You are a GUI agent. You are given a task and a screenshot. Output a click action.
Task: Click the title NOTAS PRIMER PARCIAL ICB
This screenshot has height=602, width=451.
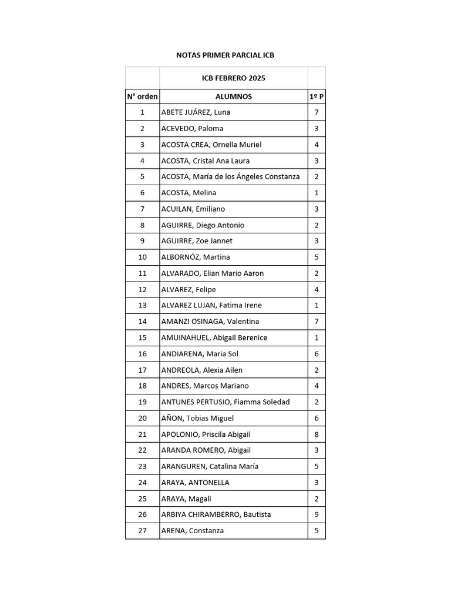(225, 55)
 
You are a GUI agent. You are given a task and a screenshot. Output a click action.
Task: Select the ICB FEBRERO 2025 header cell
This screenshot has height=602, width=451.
(234, 78)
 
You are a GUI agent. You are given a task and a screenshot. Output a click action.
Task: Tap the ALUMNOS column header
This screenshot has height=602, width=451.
(234, 96)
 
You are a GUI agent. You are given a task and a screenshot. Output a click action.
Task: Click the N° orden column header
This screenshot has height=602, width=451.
(142, 96)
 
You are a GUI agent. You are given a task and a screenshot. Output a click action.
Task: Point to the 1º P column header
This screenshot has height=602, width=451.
(317, 96)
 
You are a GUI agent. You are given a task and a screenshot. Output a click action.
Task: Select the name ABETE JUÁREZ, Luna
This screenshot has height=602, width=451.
(196, 112)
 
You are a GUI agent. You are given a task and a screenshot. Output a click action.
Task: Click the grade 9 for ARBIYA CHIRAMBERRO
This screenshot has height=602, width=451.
(317, 514)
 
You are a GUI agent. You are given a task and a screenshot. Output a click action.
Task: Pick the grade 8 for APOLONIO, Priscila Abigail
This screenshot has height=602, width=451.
(317, 434)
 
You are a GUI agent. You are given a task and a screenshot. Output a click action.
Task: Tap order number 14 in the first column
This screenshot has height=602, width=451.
(142, 322)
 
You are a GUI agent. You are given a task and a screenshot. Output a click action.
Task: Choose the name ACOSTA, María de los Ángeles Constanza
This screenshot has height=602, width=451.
(230, 176)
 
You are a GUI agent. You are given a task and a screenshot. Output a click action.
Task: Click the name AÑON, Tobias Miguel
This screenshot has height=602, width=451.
(197, 418)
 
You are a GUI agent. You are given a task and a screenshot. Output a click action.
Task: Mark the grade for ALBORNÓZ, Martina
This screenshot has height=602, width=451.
(317, 257)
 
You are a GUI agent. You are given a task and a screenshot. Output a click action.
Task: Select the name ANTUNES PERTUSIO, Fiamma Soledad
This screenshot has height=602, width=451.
(225, 402)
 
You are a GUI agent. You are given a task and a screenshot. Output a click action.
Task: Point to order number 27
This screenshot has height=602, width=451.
(142, 531)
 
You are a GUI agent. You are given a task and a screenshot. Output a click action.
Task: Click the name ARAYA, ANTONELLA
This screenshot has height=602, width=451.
(196, 483)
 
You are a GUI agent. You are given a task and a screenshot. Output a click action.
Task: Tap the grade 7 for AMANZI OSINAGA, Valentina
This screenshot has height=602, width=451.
(317, 322)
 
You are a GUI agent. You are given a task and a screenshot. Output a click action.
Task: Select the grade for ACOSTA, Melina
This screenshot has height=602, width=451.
(317, 193)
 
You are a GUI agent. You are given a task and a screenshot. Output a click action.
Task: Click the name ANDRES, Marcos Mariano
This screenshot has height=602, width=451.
(205, 386)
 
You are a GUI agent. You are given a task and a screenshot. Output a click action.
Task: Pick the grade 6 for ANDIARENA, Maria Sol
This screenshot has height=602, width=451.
(317, 354)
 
